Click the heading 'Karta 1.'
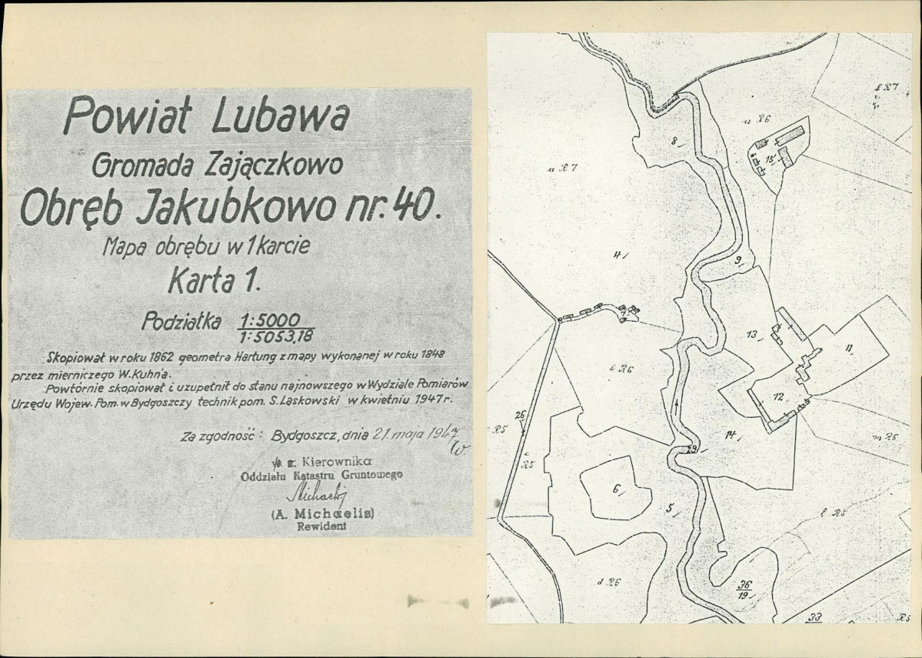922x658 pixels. tap(215, 282)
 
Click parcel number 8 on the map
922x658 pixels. tap(674, 141)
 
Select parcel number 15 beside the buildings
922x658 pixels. tap(769, 159)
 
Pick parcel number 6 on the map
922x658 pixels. tap(616, 488)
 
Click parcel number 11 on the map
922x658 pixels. tap(848, 348)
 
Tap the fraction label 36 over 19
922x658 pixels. tap(744, 589)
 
